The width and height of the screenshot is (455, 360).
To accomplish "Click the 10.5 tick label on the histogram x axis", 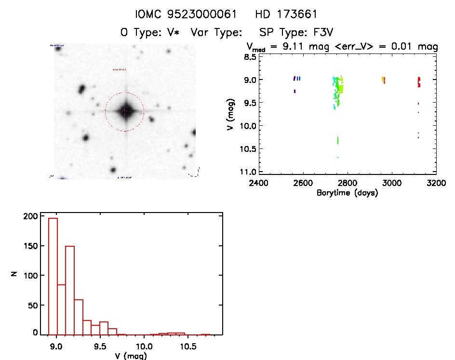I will click(x=188, y=347).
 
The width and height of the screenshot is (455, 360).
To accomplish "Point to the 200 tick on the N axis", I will click(x=30, y=216).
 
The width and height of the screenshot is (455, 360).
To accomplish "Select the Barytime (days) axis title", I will click(x=347, y=193).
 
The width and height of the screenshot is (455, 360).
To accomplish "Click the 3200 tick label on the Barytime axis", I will click(x=436, y=183).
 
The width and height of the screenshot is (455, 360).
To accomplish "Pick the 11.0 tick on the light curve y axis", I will click(x=247, y=172).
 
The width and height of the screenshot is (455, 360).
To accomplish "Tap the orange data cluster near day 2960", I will click(x=383, y=80).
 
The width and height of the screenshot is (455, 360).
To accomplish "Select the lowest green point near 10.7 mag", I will click(x=338, y=157).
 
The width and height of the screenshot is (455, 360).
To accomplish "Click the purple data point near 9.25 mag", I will click(x=294, y=91).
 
